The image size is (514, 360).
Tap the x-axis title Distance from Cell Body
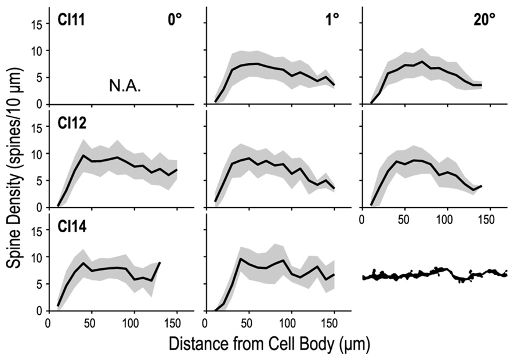click(x=269, y=344)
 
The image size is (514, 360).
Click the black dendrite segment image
click(x=434, y=273)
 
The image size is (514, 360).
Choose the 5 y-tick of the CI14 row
click(x=38, y=284)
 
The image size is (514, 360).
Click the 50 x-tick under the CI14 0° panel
click(x=91, y=324)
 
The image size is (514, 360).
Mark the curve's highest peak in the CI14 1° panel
click(x=240, y=258)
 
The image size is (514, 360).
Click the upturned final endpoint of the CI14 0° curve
click(x=159, y=263)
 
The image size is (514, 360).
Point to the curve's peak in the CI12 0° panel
click(x=83, y=155)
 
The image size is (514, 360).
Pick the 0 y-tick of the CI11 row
click(x=38, y=105)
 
